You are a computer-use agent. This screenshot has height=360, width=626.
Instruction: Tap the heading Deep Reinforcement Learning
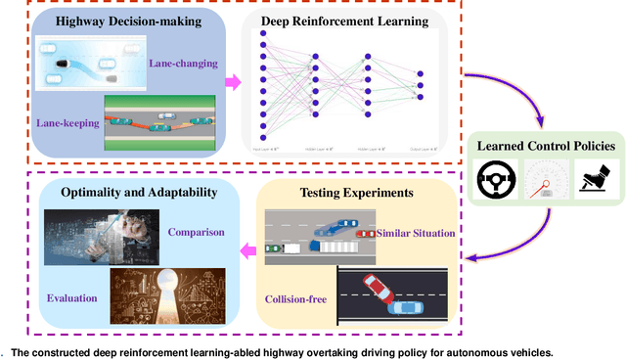coord(345,21)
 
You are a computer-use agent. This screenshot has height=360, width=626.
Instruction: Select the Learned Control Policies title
coord(545,146)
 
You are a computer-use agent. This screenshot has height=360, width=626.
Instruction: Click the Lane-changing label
coord(182,64)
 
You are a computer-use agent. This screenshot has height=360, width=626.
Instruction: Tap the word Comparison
coord(197,233)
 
